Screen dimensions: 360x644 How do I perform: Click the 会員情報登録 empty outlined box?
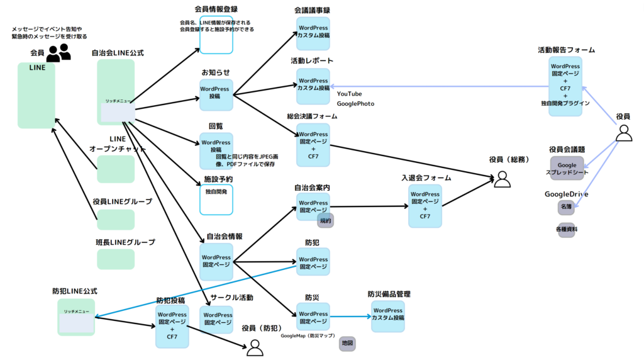coord(216,39)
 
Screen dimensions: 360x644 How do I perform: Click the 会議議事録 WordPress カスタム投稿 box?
coord(313,33)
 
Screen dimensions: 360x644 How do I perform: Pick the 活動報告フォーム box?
coord(565,86)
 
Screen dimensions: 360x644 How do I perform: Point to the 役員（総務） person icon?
coord(502,179)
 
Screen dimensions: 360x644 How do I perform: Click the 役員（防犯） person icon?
coord(255,347)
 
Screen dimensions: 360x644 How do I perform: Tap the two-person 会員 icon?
coord(58,53)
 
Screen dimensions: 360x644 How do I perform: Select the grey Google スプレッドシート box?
coord(567,169)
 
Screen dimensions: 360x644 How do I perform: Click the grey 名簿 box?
coord(566,206)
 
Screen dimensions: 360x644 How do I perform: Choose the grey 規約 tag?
coord(325,220)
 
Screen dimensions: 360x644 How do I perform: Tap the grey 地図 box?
coord(347,344)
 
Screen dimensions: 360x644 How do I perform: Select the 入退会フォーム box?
coord(425,206)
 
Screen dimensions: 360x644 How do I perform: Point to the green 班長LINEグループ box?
coord(116,259)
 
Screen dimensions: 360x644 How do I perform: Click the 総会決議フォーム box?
coord(313,144)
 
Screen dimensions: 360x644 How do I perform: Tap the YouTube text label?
coord(350,94)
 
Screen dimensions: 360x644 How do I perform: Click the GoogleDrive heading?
coord(566,194)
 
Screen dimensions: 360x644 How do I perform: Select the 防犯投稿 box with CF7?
coord(172,327)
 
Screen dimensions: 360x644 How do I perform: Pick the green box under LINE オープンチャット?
coord(116,169)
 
